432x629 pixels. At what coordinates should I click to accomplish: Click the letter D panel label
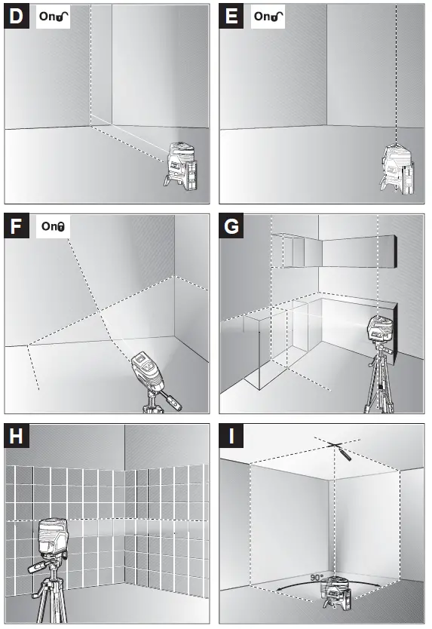16,17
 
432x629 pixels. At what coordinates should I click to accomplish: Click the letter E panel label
231,17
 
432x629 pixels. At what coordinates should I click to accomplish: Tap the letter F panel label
16,226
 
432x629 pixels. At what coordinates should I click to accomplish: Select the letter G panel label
231,226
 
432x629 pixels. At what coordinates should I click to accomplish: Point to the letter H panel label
16,436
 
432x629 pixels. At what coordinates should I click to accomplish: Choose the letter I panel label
231,436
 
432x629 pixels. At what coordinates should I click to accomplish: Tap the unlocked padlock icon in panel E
277,17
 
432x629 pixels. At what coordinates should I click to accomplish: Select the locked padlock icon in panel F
61,227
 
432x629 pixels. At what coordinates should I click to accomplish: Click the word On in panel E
262,17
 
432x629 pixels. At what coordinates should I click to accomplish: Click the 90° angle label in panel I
317,578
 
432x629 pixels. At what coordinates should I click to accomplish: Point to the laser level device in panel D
181,166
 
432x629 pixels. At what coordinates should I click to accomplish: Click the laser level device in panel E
397,168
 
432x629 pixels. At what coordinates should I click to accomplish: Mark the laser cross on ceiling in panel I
335,444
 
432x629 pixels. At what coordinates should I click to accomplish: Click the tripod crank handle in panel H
39,566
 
